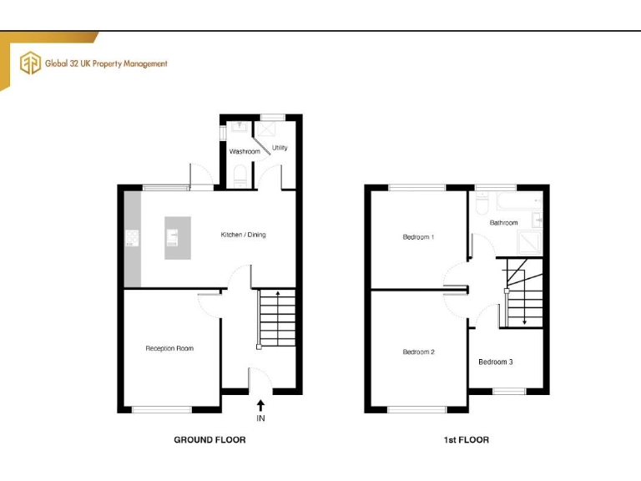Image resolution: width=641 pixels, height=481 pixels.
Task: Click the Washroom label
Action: [245, 152]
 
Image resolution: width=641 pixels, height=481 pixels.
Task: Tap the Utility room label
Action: [280, 148]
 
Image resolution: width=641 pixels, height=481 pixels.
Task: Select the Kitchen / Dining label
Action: [243, 235]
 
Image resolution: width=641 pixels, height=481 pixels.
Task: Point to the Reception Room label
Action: [169, 348]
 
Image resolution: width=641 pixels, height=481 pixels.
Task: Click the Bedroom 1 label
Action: [418, 237]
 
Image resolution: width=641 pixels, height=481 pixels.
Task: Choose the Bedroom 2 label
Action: [418, 352]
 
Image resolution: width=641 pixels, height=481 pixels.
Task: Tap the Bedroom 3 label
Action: [495, 362]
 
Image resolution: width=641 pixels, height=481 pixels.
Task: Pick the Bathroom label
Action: [503, 223]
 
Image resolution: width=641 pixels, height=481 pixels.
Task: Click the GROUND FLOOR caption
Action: [209, 439]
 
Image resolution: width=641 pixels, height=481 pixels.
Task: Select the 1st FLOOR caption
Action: [467, 439]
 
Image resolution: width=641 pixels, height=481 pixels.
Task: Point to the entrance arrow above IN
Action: [260, 403]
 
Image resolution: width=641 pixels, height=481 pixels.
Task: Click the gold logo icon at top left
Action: [31, 63]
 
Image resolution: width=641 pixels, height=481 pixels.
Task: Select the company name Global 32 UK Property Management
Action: [106, 63]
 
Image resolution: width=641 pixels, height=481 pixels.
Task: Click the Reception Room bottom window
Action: [162, 409]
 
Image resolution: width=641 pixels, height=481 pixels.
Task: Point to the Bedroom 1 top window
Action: [416, 186]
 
